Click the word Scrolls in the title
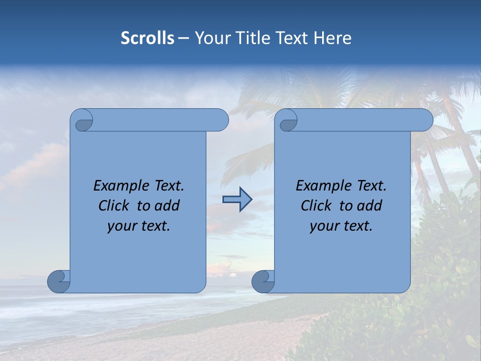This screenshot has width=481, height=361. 147,38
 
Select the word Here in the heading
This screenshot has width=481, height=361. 332,38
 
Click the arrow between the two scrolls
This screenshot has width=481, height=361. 237,200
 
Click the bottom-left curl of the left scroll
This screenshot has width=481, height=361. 59,281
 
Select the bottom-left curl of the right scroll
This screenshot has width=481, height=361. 263,281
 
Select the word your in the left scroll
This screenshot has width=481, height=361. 121,226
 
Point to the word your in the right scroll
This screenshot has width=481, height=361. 324,226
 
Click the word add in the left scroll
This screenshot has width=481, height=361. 167,206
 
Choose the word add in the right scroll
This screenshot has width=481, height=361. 370,206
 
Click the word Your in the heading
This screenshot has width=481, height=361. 211,38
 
